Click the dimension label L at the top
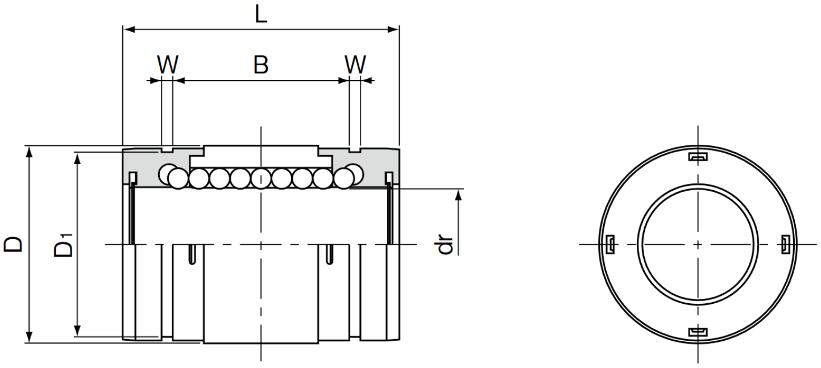[260, 15]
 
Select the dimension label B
[261, 64]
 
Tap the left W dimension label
[168, 64]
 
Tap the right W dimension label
[355, 64]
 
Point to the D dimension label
[13, 244]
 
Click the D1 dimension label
[64, 245]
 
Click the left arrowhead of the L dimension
[129, 30]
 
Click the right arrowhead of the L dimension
[393, 30]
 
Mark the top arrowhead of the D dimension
[30, 152]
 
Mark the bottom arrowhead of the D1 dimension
[77, 331]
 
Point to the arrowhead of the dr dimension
[458, 195]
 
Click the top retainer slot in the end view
[698, 157]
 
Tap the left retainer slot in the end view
[610, 244]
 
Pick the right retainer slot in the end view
[785, 244]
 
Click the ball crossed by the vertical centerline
[261, 179]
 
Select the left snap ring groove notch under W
[167, 150]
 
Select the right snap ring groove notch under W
[355, 150]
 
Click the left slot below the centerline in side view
[192, 254]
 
